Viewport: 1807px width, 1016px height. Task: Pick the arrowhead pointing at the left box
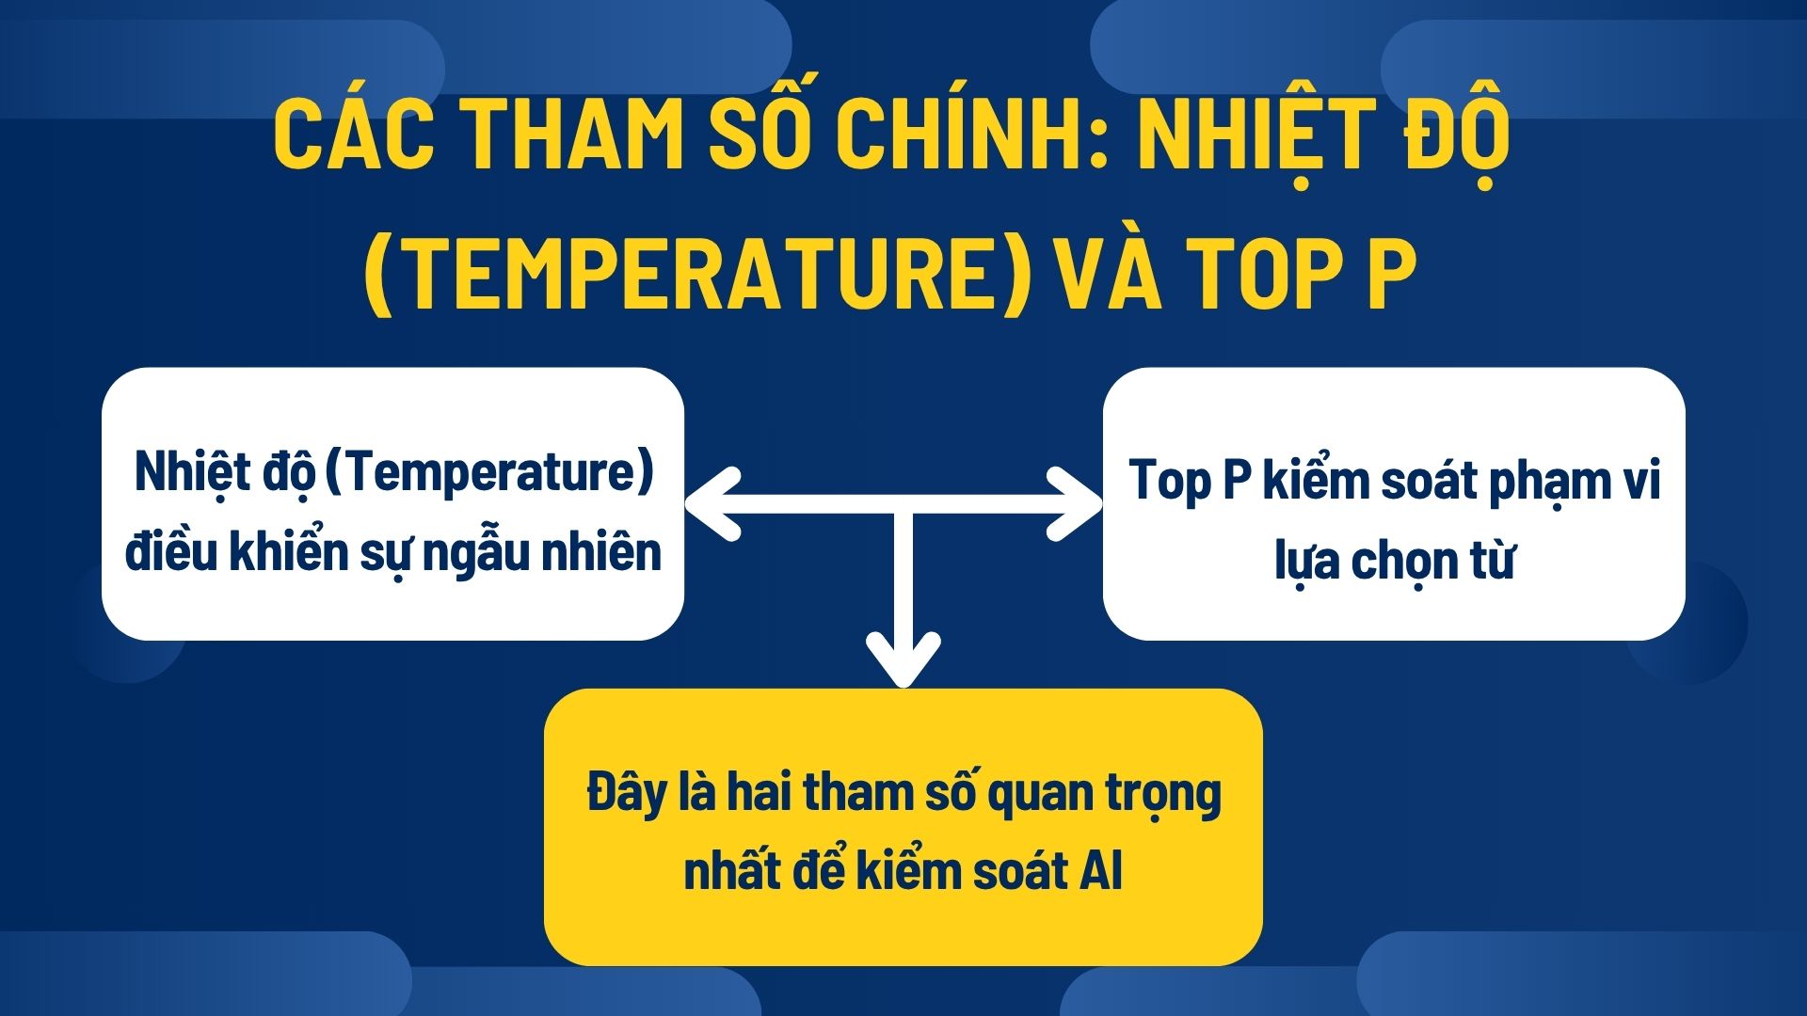point(711,504)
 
